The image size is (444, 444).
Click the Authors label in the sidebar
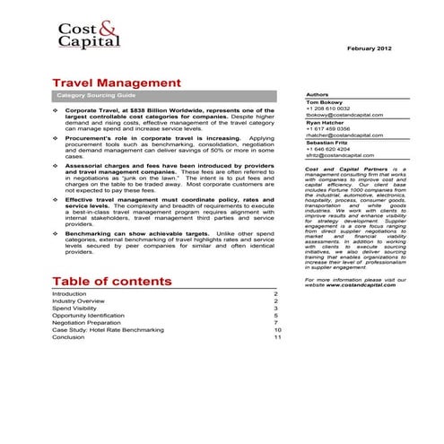[x=318, y=94]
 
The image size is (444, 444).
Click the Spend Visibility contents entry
[x=78, y=309]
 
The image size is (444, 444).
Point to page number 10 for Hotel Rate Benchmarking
[x=278, y=330]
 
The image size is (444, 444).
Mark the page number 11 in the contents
[x=278, y=337]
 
